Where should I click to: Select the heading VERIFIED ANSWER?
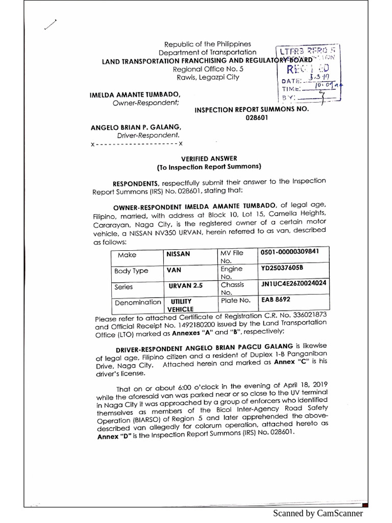[x=209, y=159]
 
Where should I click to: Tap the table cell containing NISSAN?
[x=178, y=254]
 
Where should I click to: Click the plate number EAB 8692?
[x=276, y=300]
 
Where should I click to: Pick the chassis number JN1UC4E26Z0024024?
[x=293, y=282]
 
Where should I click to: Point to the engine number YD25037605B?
[x=282, y=267]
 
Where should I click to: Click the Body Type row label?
[x=130, y=271]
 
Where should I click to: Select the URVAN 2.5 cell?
[x=186, y=287]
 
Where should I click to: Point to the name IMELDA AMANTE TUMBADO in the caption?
[x=135, y=95]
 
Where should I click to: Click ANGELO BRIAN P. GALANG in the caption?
[x=136, y=127]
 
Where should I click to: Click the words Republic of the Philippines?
[x=208, y=44]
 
